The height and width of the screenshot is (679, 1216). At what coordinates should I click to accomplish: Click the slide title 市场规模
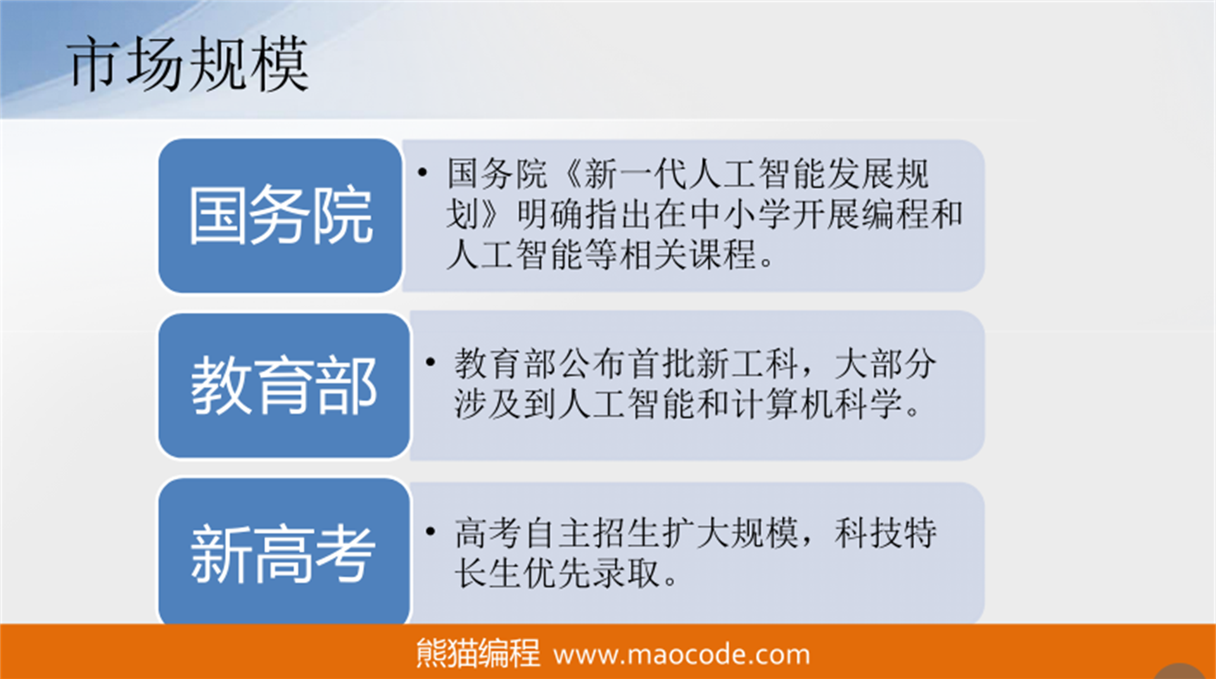pos(188,64)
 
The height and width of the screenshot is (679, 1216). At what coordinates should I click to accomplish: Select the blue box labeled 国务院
pos(280,216)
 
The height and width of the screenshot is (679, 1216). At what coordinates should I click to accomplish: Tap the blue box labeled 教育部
pos(284,385)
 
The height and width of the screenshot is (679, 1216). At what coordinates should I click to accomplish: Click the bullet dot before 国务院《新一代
pos(422,172)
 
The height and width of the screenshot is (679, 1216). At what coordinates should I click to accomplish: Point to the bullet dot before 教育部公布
pos(431,362)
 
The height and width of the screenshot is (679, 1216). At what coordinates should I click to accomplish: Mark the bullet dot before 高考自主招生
pos(431,531)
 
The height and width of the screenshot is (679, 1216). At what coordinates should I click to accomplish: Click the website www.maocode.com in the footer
pos(681,654)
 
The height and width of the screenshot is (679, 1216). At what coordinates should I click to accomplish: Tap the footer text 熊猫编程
pos(478,653)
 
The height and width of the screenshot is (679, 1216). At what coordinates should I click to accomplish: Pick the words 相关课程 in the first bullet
pos(688,255)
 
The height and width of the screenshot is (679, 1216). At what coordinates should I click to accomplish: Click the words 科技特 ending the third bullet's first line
pos(885,533)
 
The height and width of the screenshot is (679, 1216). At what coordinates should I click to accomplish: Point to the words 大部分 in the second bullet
pos(885,364)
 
